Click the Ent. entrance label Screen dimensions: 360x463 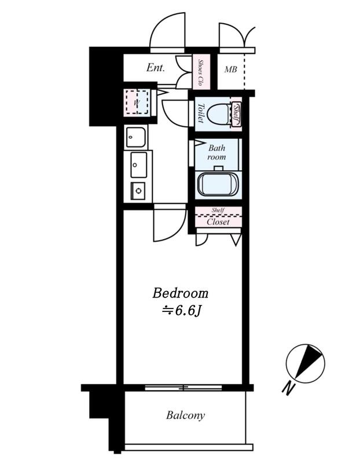156,68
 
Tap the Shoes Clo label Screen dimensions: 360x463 201,72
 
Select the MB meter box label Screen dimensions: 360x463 230,69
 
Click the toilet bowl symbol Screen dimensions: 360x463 219,115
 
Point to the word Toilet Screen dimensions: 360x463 201,113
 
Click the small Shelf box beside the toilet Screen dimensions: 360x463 236,114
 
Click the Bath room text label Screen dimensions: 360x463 216,152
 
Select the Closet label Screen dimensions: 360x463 218,222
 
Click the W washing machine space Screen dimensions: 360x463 137,102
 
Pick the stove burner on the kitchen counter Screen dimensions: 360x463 138,190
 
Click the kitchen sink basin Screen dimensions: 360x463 138,165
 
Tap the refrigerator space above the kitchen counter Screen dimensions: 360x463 136,138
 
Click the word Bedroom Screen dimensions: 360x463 180,293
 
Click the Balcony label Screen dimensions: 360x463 185,415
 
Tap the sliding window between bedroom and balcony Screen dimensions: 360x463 183,387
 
